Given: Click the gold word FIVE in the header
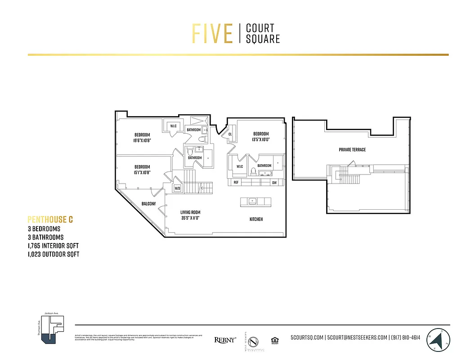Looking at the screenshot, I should tap(212, 34).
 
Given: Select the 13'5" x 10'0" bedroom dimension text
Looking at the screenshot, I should tap(260, 139).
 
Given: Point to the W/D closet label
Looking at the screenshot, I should tap(177, 189).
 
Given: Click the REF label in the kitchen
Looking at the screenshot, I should tap(236, 183).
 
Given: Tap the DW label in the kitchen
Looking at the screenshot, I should tap(274, 183).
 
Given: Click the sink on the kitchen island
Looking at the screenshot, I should tap(252, 201).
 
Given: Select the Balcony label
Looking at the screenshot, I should tap(148, 204).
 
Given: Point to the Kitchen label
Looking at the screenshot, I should tap(256, 219).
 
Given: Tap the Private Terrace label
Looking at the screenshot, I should tap(352, 149).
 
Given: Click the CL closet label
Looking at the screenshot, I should tap(230, 134).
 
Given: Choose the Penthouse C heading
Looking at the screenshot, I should tap(50, 220).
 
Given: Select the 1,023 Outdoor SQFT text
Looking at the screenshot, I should tap(54, 254).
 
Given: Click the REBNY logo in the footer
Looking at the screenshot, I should tap(225, 340).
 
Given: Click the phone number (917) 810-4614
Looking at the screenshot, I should tap(405, 337).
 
